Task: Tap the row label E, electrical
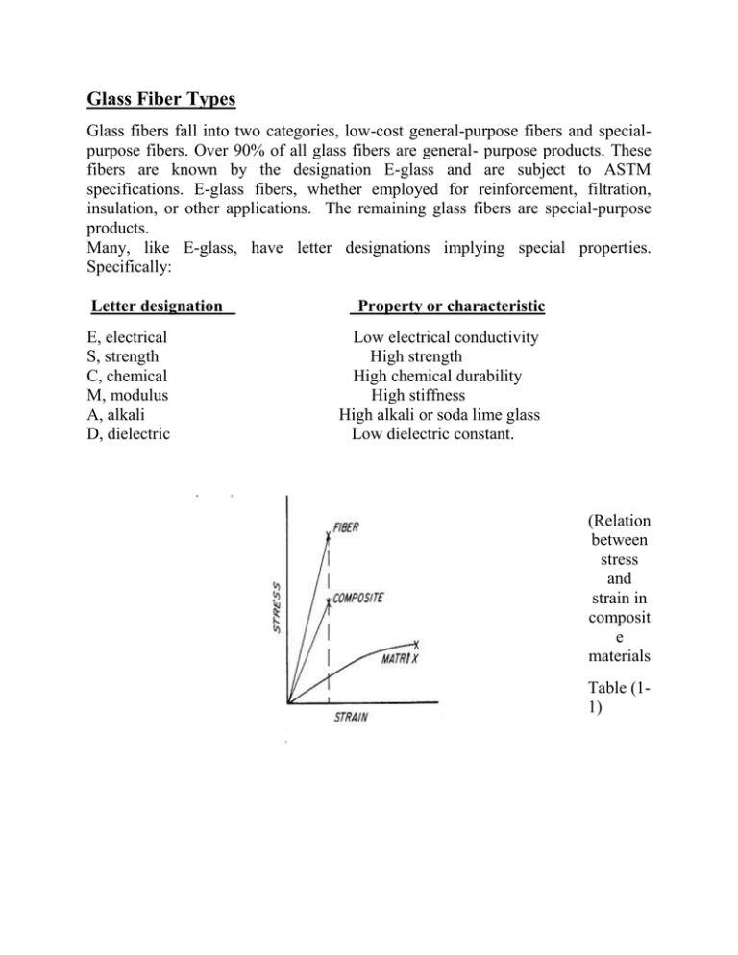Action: [130, 338]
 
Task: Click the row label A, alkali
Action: [115, 415]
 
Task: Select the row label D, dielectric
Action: [129, 434]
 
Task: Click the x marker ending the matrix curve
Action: [416, 644]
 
